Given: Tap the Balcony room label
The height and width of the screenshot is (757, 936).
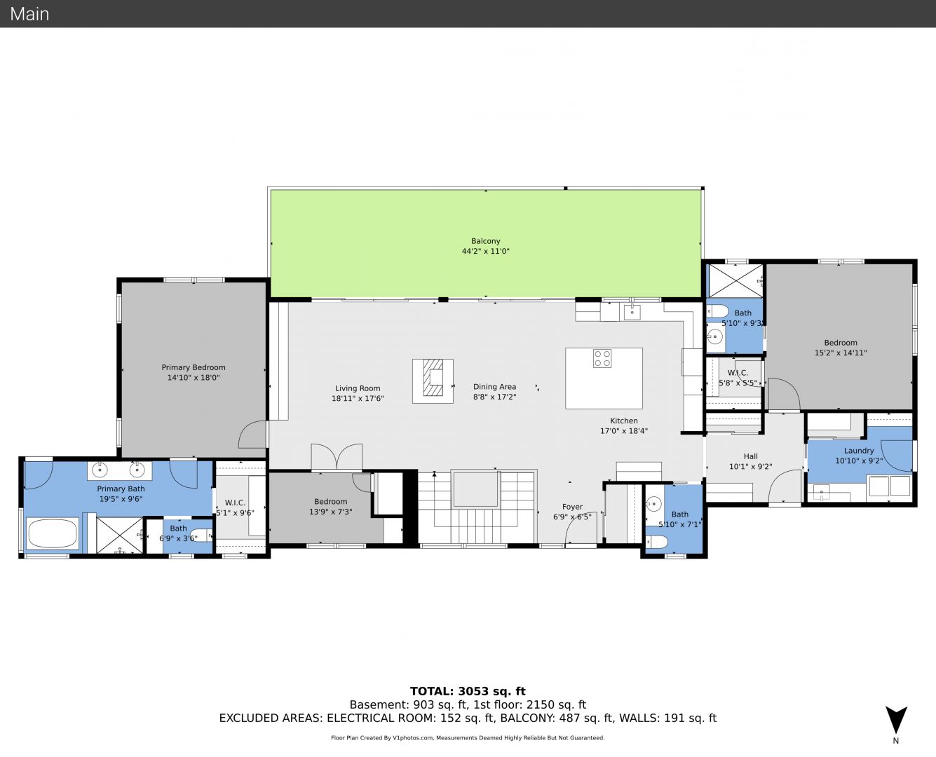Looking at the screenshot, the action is click(486, 240).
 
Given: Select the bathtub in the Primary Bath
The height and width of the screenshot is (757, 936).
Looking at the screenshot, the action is click(53, 533).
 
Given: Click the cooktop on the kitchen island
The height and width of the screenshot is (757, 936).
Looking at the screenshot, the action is click(602, 358).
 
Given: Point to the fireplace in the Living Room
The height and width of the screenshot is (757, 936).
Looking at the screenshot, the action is click(433, 381).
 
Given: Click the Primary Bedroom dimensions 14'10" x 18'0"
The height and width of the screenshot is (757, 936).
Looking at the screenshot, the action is click(194, 377).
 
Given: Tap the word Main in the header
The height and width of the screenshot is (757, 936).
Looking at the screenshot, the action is click(29, 14).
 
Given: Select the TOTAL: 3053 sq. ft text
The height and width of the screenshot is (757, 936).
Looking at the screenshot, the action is click(468, 691).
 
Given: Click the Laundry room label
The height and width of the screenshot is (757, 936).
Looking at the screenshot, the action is click(859, 450).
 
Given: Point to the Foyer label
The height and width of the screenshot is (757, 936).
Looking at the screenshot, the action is click(572, 507).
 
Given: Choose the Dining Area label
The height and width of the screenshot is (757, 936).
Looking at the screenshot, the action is click(494, 387).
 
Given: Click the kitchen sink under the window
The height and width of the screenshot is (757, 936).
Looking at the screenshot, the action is click(632, 312).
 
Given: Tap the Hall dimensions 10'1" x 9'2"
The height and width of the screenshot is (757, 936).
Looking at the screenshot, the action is click(751, 467).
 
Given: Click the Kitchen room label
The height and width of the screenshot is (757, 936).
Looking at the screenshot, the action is click(623, 421).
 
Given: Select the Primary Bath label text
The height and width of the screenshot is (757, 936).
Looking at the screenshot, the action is click(121, 489).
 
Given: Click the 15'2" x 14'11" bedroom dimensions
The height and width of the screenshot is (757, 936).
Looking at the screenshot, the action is click(840, 353).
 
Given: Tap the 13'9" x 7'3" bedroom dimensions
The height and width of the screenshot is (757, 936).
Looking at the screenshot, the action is click(330, 512).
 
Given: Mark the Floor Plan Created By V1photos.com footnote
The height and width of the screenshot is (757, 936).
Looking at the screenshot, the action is click(468, 737).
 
